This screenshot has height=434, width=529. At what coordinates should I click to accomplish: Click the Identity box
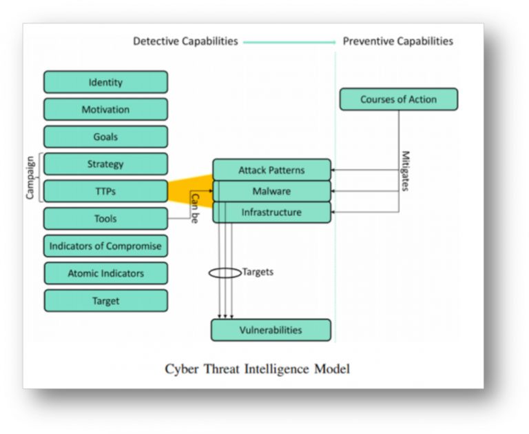[x=105, y=82]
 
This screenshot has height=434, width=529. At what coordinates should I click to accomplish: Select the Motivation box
[x=105, y=109]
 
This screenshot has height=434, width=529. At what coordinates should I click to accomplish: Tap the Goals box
[x=105, y=137]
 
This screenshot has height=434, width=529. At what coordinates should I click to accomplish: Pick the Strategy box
[x=105, y=164]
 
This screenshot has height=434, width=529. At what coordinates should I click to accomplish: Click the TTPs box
[x=105, y=191]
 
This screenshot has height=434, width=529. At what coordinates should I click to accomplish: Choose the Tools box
[x=105, y=219]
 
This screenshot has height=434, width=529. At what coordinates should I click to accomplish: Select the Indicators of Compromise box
[x=105, y=246]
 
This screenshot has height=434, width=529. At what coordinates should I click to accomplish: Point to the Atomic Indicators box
[x=105, y=273]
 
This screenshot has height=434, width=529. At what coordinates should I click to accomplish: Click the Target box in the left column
[x=105, y=301]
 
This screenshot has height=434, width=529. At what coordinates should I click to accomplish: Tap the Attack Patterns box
[x=271, y=170]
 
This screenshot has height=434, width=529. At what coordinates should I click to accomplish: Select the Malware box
[x=271, y=191]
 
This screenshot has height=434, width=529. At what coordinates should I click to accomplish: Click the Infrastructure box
[x=271, y=212]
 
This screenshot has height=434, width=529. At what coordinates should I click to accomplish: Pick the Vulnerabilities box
[x=271, y=330]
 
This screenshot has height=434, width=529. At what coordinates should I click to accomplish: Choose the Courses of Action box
[x=398, y=99]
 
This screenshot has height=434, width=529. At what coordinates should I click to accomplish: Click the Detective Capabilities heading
[x=185, y=41]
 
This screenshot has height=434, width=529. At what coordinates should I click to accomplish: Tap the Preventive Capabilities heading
[x=398, y=41]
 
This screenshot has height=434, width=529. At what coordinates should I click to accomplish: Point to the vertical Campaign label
[x=30, y=178]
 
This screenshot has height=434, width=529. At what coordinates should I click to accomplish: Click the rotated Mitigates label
[x=406, y=170]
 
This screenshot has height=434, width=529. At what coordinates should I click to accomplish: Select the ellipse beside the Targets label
[x=225, y=273]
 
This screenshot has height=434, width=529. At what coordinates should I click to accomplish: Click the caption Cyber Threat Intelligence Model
[x=257, y=369]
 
